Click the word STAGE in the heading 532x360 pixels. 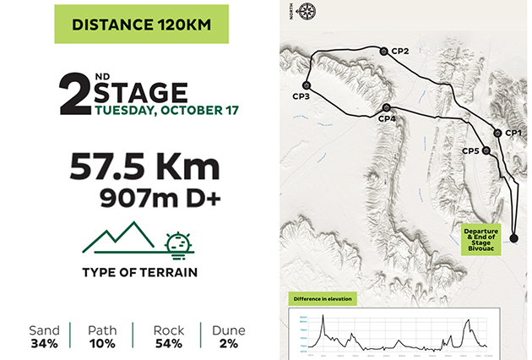140,90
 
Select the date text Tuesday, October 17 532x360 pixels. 167,110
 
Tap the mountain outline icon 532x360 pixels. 117,239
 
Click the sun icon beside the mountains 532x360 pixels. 178,244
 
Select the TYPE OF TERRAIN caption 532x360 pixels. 140,272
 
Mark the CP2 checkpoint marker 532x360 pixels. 384,52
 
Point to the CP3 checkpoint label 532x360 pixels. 301,97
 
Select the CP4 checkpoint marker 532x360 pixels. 386,107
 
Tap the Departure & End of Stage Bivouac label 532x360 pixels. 481,237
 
